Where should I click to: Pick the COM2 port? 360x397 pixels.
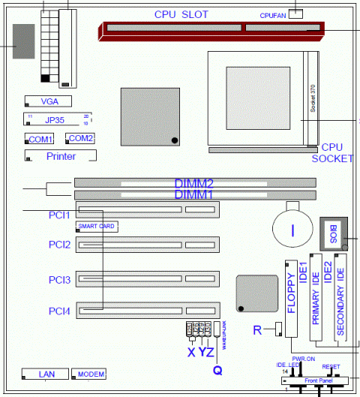80,139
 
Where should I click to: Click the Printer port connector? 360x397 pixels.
61,156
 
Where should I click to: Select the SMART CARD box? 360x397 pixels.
94,226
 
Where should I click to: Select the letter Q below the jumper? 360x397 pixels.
217,368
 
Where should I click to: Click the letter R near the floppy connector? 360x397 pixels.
257,329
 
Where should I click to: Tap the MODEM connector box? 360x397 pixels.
91,374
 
